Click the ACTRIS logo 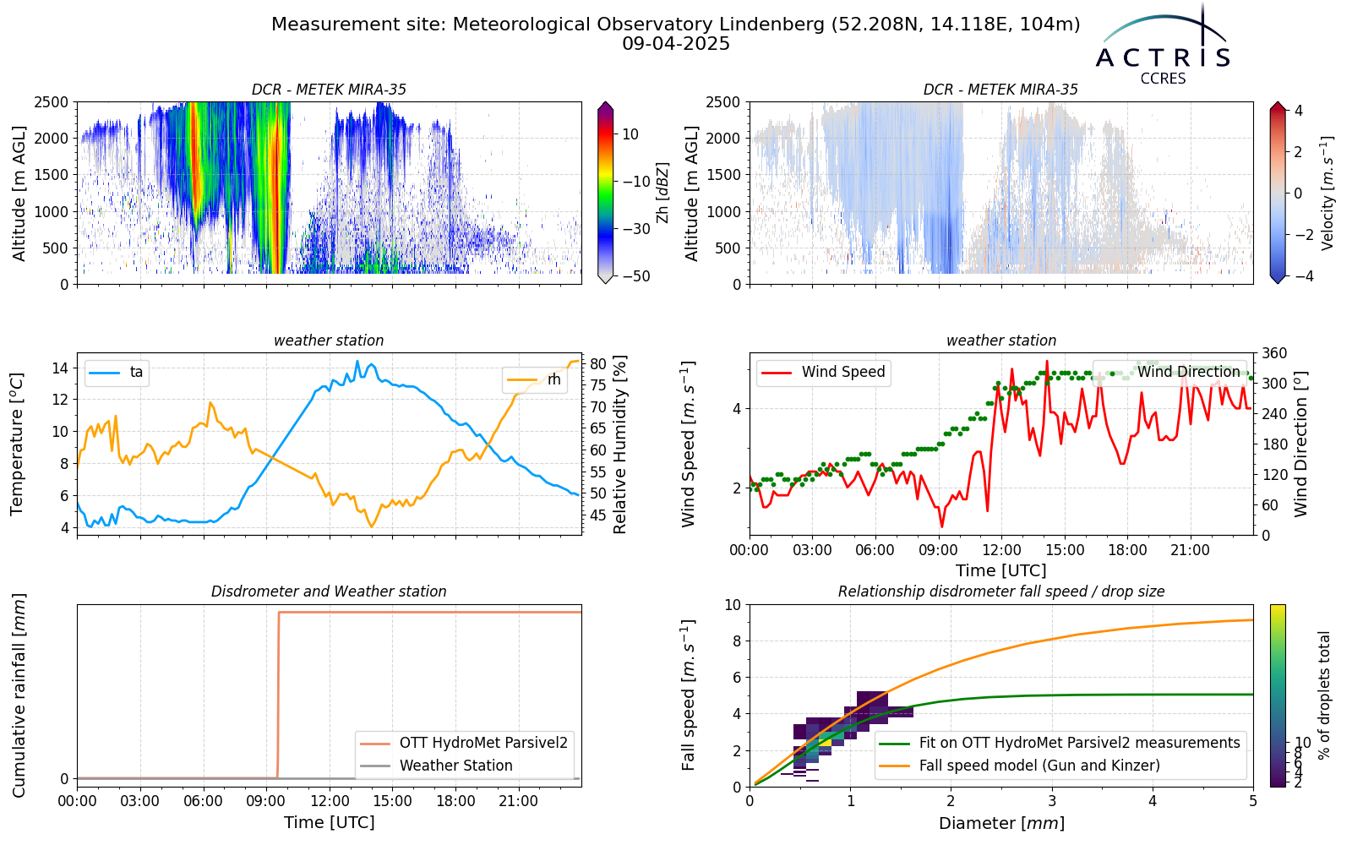pos(1163,46)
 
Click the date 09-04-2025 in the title pos(676,44)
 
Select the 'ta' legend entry pos(116,372)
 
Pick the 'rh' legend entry pos(534,379)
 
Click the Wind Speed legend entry pos(823,372)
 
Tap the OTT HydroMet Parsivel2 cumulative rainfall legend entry pos(464,743)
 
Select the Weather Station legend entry pos(436,766)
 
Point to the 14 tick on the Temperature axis pos(61,368)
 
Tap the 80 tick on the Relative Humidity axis pos(598,364)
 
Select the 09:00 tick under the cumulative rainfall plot pos(266,802)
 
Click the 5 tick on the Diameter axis pos(1253,801)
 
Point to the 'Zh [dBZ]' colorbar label pos(662,193)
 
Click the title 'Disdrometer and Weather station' pos(329,591)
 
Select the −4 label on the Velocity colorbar pos(1294,276)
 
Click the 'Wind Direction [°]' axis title pos(1300,444)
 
